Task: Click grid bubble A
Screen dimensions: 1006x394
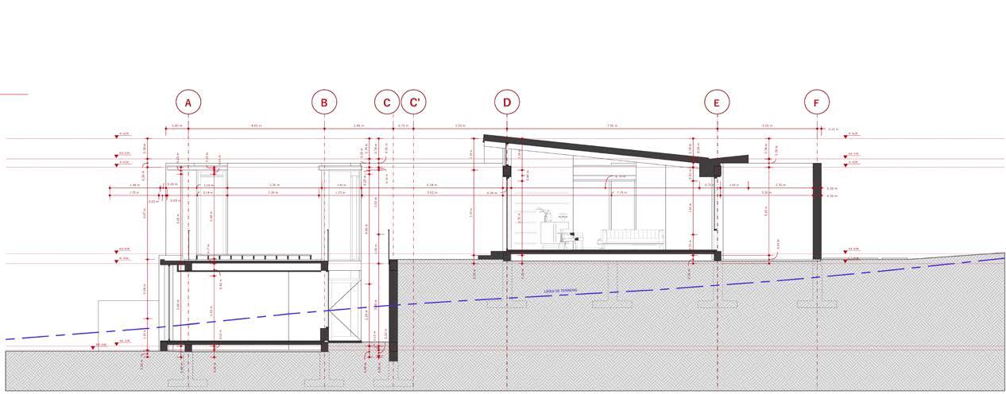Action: point(188,102)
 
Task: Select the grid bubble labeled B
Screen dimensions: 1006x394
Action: point(324,102)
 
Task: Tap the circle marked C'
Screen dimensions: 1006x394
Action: point(414,102)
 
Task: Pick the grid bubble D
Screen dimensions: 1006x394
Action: point(507,102)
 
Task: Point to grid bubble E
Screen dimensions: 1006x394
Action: point(717,102)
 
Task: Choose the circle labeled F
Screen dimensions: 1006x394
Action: point(817,102)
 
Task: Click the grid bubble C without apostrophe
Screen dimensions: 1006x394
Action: point(387,102)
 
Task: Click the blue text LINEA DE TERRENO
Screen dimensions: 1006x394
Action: point(560,291)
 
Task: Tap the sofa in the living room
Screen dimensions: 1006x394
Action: point(632,238)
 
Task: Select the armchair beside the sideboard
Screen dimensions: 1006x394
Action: point(566,238)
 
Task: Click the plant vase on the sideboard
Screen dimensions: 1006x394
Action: point(545,214)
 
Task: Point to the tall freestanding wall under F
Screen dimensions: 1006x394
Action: point(817,211)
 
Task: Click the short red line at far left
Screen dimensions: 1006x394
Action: point(14,95)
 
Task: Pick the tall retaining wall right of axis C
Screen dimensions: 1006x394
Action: point(393,310)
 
